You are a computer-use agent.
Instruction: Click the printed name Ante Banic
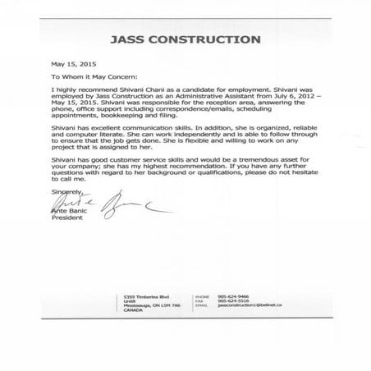point(70,211)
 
